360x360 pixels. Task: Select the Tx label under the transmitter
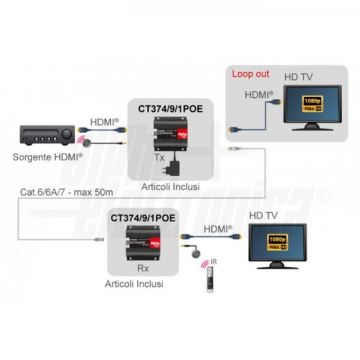pos(159,157)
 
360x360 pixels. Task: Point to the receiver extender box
pos(143,243)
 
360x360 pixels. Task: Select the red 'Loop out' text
pos(250,74)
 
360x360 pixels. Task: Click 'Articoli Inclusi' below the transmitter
pos(170,187)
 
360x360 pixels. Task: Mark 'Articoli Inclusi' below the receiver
pos(134,283)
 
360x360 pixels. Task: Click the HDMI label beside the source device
pos(104,122)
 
